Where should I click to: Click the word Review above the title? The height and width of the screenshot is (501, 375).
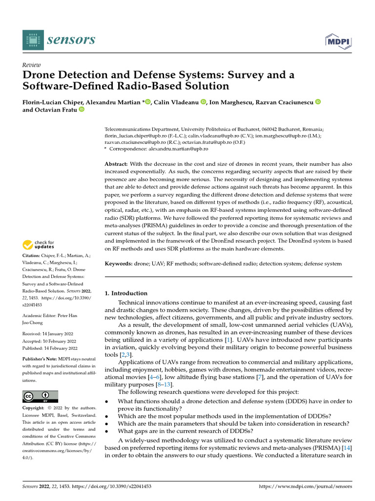pos(32,65)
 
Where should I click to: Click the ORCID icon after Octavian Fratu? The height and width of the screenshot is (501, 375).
pos(82,110)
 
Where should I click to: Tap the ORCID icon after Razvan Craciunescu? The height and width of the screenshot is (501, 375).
pos(317,102)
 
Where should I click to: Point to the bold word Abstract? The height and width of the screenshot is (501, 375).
pos(117,164)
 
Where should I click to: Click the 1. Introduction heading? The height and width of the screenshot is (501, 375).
pos(126,293)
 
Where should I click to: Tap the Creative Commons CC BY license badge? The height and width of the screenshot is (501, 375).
pos(40,396)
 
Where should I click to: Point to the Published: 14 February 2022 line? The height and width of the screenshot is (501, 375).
pos(50,348)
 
